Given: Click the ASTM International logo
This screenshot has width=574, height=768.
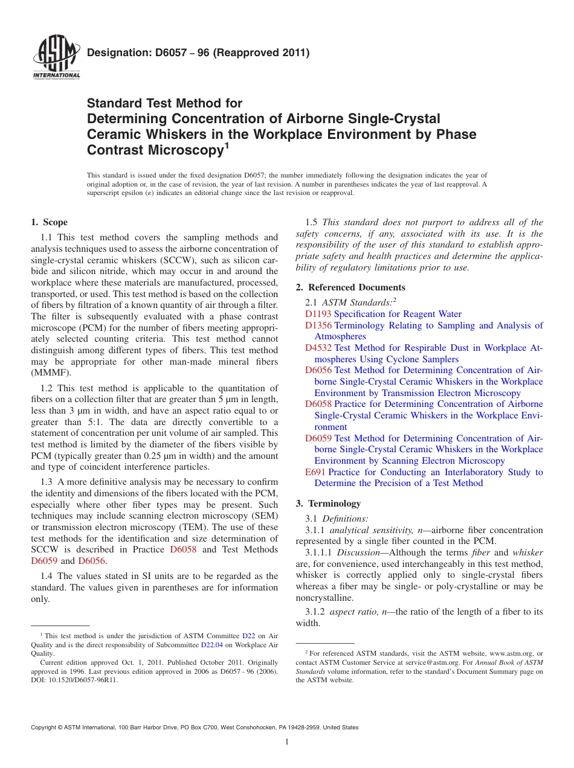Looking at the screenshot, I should (56, 58).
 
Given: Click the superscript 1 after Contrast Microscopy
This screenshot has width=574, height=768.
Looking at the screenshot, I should (226, 145).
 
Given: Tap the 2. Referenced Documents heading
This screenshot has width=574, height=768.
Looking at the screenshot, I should (350, 287).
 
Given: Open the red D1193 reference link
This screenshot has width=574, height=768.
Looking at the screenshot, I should (318, 314).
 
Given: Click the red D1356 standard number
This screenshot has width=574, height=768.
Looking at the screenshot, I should (318, 325).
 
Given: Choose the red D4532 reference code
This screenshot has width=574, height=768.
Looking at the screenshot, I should (318, 348).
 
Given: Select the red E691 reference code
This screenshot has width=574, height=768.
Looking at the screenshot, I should (315, 472).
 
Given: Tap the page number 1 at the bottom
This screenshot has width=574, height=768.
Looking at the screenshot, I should (287, 741).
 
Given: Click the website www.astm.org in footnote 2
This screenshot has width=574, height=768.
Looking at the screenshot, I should (509, 653).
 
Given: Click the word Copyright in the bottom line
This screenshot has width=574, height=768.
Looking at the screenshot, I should (46, 728).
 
